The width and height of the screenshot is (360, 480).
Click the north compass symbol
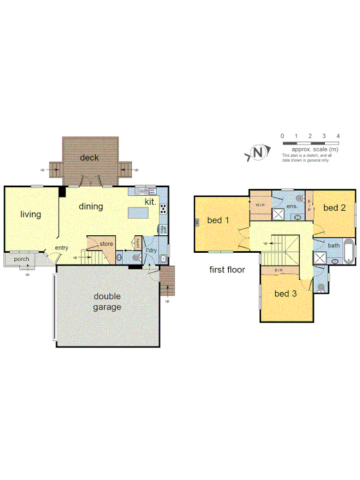point(259,153)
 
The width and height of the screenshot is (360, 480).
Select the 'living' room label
point(30,214)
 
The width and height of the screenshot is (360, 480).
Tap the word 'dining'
point(91,206)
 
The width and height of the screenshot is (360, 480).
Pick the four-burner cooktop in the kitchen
point(162,209)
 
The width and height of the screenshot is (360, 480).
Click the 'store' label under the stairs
point(106,244)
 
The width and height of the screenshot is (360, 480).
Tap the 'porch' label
point(21,259)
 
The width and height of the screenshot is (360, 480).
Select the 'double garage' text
point(108,302)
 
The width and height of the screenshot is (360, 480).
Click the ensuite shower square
point(278,214)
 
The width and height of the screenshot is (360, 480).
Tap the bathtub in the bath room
point(348,252)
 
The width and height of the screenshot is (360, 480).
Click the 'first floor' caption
point(227,270)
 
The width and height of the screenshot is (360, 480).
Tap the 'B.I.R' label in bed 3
point(278,270)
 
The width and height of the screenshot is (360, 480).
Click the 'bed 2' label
point(334,207)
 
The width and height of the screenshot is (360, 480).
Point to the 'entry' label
point(62,247)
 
